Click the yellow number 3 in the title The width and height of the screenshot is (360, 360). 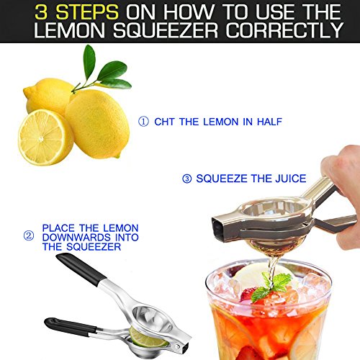click(41, 12)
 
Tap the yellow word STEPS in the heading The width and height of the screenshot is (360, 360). click(87, 12)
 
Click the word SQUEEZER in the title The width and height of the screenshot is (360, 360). click(166, 30)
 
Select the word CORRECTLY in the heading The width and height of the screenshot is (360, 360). click(284, 30)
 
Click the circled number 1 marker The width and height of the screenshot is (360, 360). click(143, 122)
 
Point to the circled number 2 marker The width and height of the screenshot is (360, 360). click(29, 235)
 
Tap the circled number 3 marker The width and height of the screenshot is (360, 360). click(187, 179)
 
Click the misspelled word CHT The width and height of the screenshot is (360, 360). click(164, 122)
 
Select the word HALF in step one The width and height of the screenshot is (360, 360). click(269, 122)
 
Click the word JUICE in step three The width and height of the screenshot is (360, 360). click(291, 179)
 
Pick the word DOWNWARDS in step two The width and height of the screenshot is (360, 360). click(76, 238)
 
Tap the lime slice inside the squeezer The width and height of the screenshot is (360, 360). click(147, 337)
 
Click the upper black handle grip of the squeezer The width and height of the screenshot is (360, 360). click(81, 269)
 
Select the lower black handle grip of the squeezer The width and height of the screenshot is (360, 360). click(70, 326)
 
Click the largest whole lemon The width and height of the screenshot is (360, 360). click(98, 124)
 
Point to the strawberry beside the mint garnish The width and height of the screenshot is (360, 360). click(247, 294)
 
